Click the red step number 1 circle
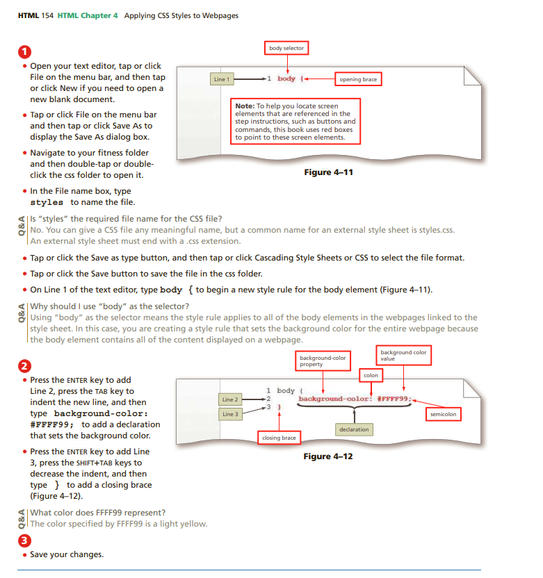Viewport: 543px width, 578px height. pos(25,53)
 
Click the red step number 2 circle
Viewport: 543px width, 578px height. pos(25,366)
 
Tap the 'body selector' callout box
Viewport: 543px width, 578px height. pos(286,48)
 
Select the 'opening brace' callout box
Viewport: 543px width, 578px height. pos(358,79)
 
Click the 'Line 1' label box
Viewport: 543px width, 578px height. pos(221,79)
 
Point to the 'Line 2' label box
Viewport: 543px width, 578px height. pos(230,399)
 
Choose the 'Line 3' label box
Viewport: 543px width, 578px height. pos(230,414)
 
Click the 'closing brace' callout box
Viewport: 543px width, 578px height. pos(279,438)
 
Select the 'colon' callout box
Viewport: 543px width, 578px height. pos(371,376)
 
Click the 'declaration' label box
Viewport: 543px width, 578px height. pos(353,429)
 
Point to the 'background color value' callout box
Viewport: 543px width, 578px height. pos(403,356)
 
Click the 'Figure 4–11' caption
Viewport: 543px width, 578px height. pos(328,172)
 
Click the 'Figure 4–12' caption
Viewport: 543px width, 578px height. pos(328,456)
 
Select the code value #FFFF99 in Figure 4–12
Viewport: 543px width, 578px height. pos(394,399)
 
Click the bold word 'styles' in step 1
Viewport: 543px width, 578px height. pos(48,202)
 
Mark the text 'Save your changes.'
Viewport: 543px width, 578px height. pos(67,554)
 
